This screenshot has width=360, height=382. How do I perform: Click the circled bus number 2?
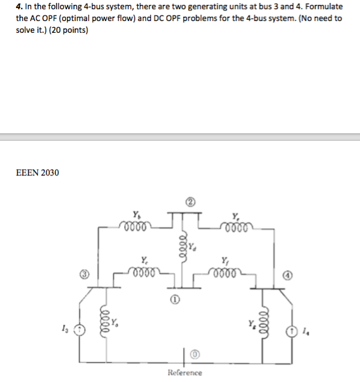pyautogui.click(x=191, y=202)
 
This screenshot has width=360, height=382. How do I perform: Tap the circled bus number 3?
pyautogui.click(x=90, y=273)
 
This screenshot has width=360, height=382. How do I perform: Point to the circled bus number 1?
pyautogui.click(x=176, y=299)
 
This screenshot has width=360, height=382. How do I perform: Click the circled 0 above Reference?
pyautogui.click(x=194, y=354)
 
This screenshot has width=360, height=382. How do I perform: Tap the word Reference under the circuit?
pyautogui.click(x=184, y=372)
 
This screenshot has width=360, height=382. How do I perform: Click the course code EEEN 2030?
pyautogui.click(x=37, y=172)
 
